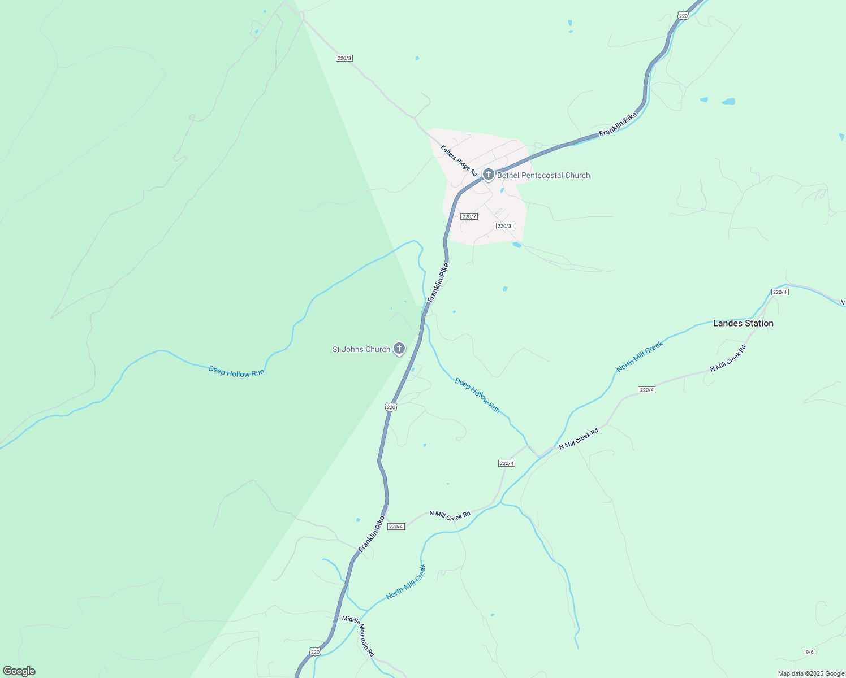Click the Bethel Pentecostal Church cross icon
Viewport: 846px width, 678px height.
coord(489,175)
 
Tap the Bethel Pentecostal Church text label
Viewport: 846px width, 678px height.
coord(543,175)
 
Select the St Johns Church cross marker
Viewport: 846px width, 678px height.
coord(399,349)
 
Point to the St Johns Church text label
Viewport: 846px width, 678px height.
coord(361,349)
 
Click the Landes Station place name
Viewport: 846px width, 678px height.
coord(743,323)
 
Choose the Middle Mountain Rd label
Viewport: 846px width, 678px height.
coord(358,636)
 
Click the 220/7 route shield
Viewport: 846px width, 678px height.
coord(469,216)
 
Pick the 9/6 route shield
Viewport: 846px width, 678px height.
coord(809,652)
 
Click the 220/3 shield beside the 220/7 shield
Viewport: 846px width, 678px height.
coord(504,226)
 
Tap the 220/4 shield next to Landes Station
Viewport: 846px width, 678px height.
coord(780,292)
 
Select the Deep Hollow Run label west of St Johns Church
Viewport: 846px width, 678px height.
coord(236,371)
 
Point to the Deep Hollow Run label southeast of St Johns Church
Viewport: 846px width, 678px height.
coord(477,395)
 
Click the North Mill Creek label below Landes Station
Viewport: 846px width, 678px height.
coord(640,357)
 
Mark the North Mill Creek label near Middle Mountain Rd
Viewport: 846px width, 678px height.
coord(405,582)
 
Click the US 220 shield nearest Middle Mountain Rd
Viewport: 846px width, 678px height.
coord(315,651)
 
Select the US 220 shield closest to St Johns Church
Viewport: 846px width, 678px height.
coord(391,407)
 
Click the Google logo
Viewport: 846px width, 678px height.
coord(19,671)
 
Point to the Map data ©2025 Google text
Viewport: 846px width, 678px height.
coord(811,673)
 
